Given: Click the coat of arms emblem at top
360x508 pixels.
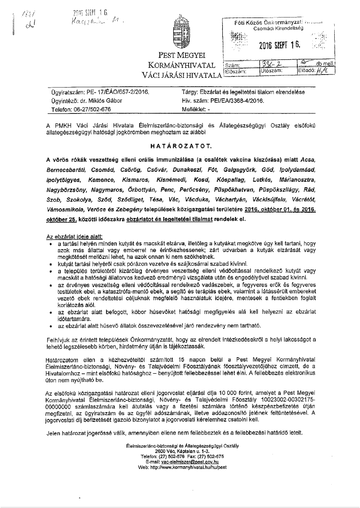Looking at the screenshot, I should click(180, 33).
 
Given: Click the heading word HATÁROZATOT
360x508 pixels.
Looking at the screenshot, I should click(180, 145).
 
